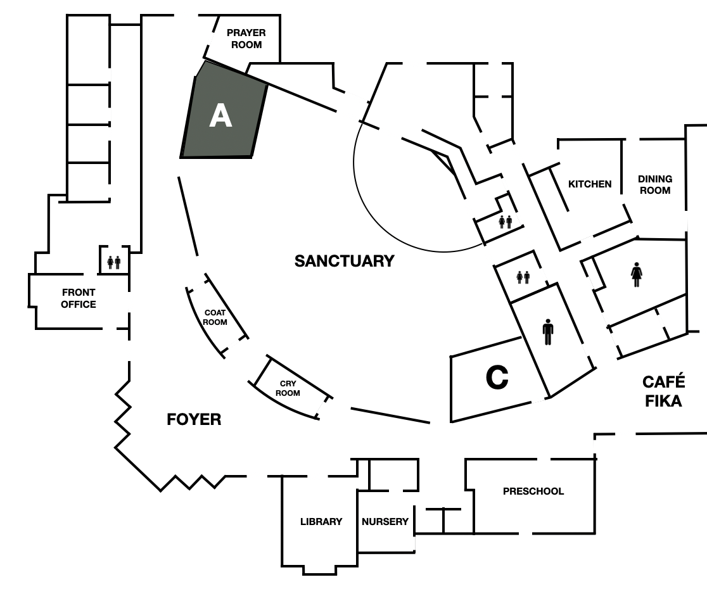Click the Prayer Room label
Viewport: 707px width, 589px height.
point(246,39)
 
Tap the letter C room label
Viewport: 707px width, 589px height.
point(497,377)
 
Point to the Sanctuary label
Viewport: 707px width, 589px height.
point(345,261)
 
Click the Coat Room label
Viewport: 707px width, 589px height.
point(215,317)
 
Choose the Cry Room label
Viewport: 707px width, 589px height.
point(288,388)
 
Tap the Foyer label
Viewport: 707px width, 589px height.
point(194,419)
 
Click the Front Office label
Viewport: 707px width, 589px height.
point(79,298)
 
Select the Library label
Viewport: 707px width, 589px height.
point(321,521)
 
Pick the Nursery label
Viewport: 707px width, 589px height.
point(385,521)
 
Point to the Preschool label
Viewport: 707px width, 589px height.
point(533,491)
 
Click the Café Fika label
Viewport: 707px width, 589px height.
point(663,391)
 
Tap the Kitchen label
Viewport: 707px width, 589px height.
point(590,184)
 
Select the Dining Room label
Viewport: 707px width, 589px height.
point(654,184)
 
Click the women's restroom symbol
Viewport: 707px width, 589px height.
point(636,274)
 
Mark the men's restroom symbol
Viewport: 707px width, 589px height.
point(548,332)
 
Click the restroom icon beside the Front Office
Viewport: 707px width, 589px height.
point(113,262)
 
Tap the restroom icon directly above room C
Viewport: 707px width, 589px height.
point(523,277)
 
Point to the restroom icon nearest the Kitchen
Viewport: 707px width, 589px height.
point(506,222)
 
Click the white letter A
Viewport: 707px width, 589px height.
point(220,115)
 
